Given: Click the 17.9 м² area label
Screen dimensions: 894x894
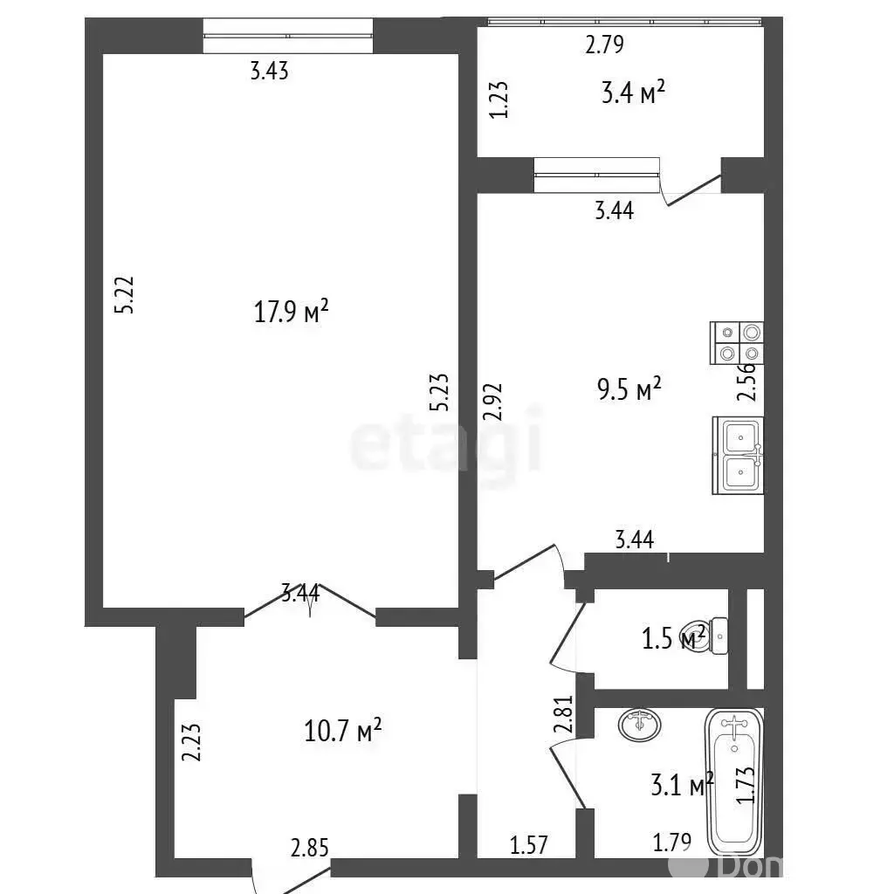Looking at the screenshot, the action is [x=291, y=312].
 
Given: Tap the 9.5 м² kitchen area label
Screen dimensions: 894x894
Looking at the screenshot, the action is [x=629, y=389].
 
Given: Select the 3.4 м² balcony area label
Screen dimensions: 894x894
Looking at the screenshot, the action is [x=633, y=93].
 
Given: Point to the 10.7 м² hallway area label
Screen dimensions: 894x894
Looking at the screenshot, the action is [x=342, y=731].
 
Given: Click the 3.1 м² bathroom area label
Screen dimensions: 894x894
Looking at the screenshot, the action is [x=682, y=785].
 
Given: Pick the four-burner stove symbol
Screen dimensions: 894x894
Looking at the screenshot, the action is [x=737, y=342].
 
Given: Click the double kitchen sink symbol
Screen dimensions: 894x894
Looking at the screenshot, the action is [x=738, y=455].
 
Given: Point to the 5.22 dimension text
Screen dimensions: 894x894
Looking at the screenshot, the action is [x=124, y=295].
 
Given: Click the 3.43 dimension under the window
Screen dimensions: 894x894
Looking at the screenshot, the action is [x=270, y=72].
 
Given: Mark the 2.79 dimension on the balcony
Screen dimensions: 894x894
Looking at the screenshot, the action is [x=604, y=45].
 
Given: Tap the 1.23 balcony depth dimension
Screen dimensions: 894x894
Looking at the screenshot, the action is [x=499, y=100].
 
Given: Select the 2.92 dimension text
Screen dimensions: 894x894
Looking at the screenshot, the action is [x=492, y=402].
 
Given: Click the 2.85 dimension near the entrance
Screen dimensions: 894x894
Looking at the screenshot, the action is [x=310, y=848].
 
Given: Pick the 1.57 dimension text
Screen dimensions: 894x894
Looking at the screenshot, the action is [x=528, y=845].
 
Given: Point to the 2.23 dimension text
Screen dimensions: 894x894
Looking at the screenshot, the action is [x=191, y=742].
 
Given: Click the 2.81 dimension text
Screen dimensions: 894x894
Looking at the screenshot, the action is [x=563, y=713].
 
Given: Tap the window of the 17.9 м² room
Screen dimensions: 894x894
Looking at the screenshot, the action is [x=288, y=36].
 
